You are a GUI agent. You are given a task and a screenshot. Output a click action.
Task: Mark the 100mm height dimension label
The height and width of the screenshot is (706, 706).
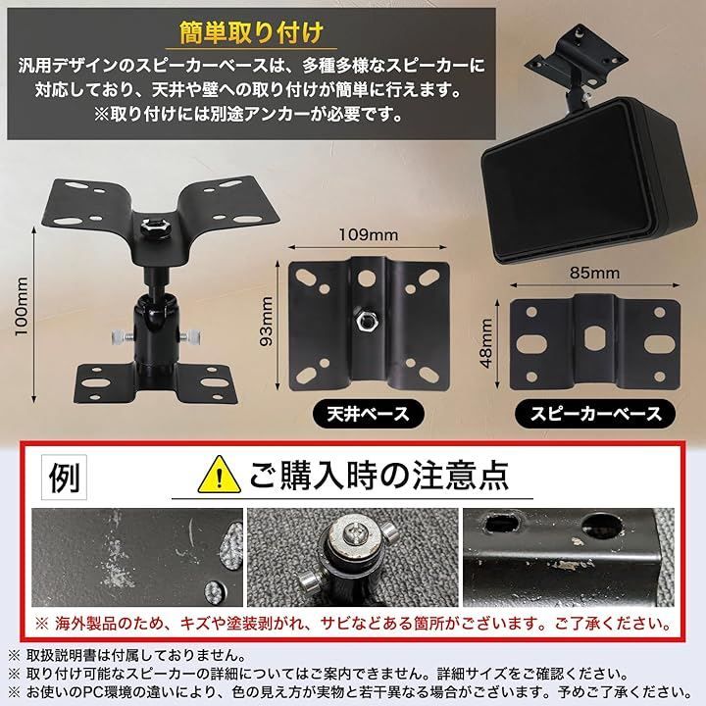(x=22, y=305)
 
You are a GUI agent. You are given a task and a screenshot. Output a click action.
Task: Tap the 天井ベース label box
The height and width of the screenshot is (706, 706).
(x=361, y=412)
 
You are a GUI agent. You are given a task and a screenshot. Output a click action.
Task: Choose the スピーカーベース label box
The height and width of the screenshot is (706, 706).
(x=594, y=412)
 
